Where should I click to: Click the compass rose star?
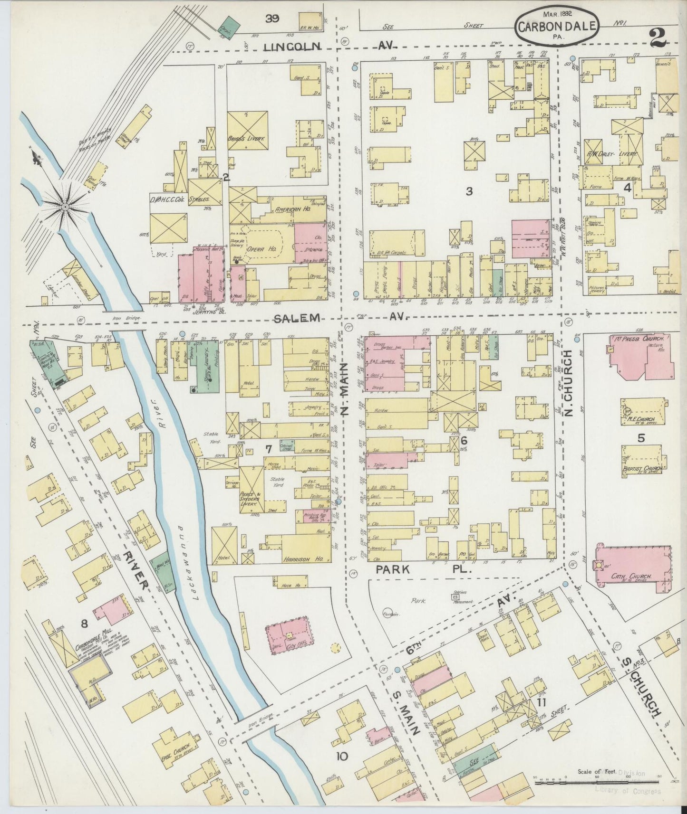point(65,207)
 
